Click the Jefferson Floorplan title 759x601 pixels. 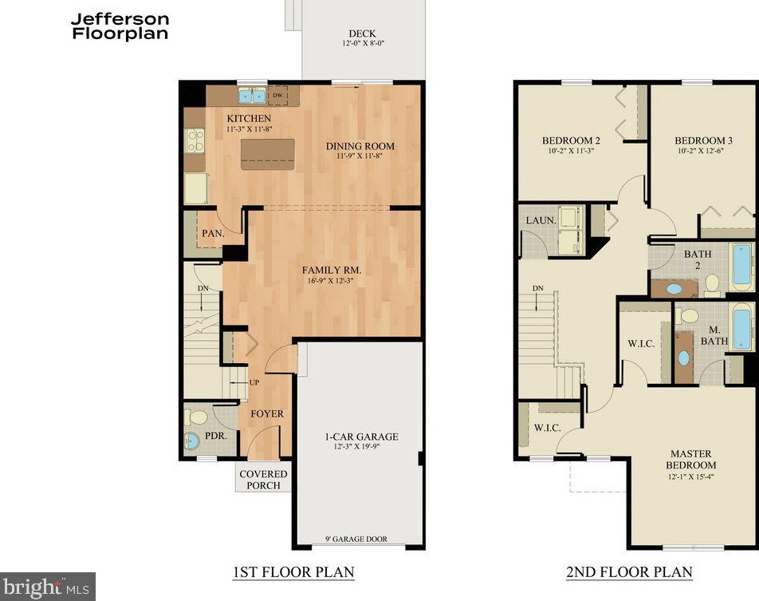pyautogui.click(x=120, y=26)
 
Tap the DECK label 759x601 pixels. pyautogui.click(x=362, y=34)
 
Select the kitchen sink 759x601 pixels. pyautogui.click(x=252, y=96)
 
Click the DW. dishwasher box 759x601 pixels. pyautogui.click(x=277, y=96)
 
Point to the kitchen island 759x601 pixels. pyautogui.click(x=267, y=154)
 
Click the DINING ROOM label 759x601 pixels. pyautogui.click(x=360, y=146)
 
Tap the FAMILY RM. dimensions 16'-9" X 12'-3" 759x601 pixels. pyautogui.click(x=332, y=281)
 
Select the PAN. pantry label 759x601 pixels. pyautogui.click(x=213, y=233)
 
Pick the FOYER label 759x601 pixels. pyautogui.click(x=267, y=414)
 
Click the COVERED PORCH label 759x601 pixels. pyautogui.click(x=263, y=480)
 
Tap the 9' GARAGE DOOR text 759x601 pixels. pyautogui.click(x=356, y=539)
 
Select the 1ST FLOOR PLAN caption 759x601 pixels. pyautogui.click(x=293, y=572)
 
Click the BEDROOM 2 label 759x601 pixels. pyautogui.click(x=571, y=140)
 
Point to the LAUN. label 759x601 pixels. pyautogui.click(x=541, y=220)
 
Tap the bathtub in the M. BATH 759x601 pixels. pyautogui.click(x=741, y=326)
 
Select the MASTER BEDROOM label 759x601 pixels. pyautogui.click(x=690, y=460)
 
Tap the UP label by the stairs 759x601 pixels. pyautogui.click(x=254, y=382)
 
